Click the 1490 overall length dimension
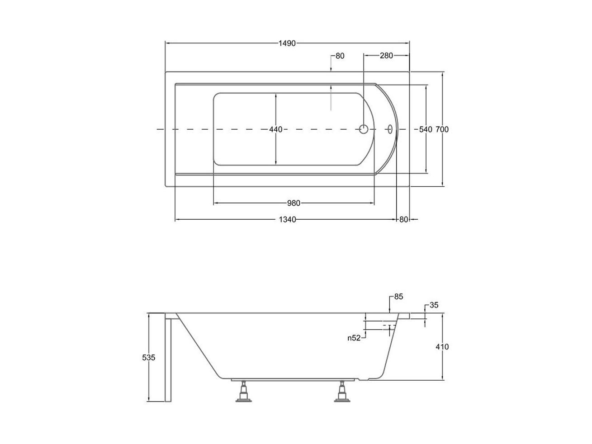click(287, 43)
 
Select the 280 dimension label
click(386, 56)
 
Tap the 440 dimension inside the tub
click(275, 130)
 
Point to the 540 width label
click(425, 129)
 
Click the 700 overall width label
click(442, 129)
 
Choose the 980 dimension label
click(294, 203)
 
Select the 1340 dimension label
click(287, 220)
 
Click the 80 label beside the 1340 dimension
click(403, 220)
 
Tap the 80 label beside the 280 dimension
click(340, 56)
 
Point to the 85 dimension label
click(398, 297)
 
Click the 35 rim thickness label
click(434, 305)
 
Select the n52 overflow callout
click(354, 338)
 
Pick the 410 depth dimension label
click(442, 347)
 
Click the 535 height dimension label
click(149, 358)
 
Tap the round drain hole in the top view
click(364, 129)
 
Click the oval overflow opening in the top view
click(390, 129)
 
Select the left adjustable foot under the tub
click(244, 391)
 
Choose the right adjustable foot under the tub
click(342, 391)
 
